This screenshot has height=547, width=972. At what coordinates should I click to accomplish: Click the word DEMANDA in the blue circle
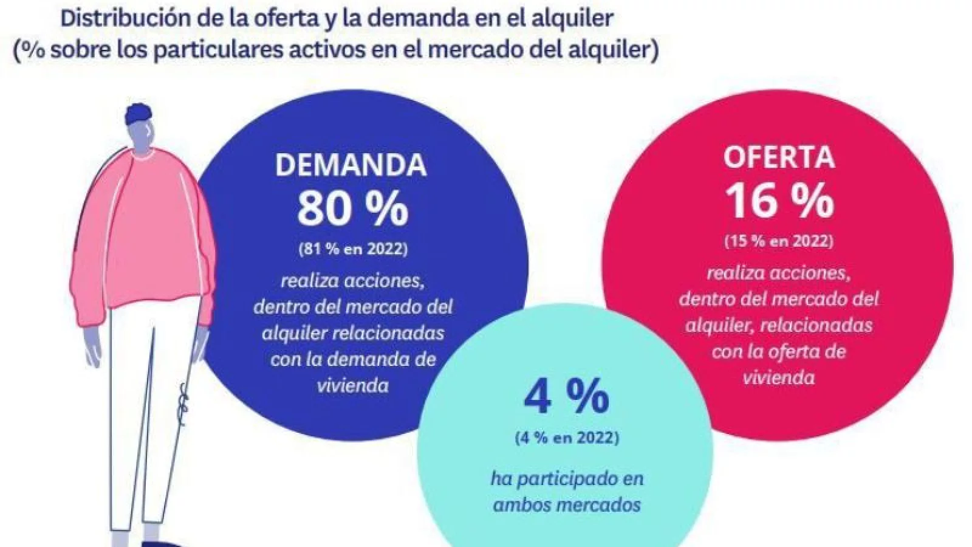pos(351,165)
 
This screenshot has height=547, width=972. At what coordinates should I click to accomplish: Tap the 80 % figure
pos(352,208)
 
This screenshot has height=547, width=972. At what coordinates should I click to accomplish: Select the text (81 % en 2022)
pos(352,249)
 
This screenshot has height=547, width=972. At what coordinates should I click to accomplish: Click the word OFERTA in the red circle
pos(779,158)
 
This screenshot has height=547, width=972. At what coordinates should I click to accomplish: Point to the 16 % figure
pos(779,201)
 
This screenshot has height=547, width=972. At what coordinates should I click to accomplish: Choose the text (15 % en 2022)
pos(779,241)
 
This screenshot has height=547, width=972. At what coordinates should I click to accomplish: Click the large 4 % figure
pos(566,397)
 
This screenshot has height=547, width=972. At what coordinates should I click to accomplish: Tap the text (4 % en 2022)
pos(566,438)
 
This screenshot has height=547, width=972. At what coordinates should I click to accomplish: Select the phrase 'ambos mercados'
pos(566,505)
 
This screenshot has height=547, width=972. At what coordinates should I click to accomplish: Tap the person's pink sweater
pos(146,231)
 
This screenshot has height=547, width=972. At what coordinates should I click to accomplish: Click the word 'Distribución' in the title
pos(132,19)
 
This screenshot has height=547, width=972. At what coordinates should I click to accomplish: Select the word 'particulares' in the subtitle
pos(224,49)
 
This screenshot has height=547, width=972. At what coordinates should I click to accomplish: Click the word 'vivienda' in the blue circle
pos(352,385)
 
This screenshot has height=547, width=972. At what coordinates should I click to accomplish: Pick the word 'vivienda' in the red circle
pos(779,377)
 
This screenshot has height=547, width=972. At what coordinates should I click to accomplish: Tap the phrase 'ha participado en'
pos(566,478)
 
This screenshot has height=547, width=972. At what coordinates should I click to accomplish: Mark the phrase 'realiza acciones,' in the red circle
pos(779,273)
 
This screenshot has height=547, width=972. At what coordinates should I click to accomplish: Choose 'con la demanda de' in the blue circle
pos(352,359)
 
